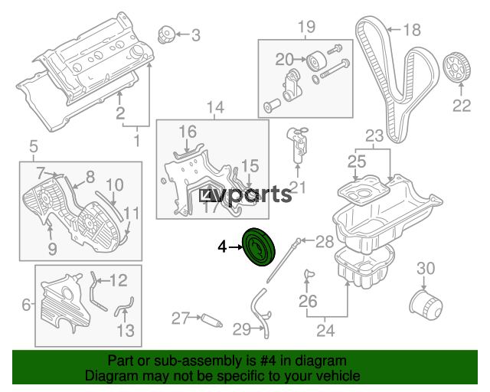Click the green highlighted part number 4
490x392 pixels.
point(260,247)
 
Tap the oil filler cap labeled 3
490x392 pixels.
point(165,34)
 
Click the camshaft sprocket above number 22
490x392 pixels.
point(457,68)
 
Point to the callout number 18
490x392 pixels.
point(412,30)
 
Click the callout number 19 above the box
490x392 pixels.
point(306,27)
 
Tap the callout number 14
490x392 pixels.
point(216,107)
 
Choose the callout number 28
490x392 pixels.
point(325,241)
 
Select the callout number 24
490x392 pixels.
point(325,331)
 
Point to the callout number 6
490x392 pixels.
point(26,305)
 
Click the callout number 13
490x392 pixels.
point(126,331)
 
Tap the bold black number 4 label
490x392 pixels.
point(222,247)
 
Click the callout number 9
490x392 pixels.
point(52,249)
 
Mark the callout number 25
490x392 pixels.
point(357,162)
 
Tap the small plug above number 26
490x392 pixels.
point(309,274)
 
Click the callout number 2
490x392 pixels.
point(120,113)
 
